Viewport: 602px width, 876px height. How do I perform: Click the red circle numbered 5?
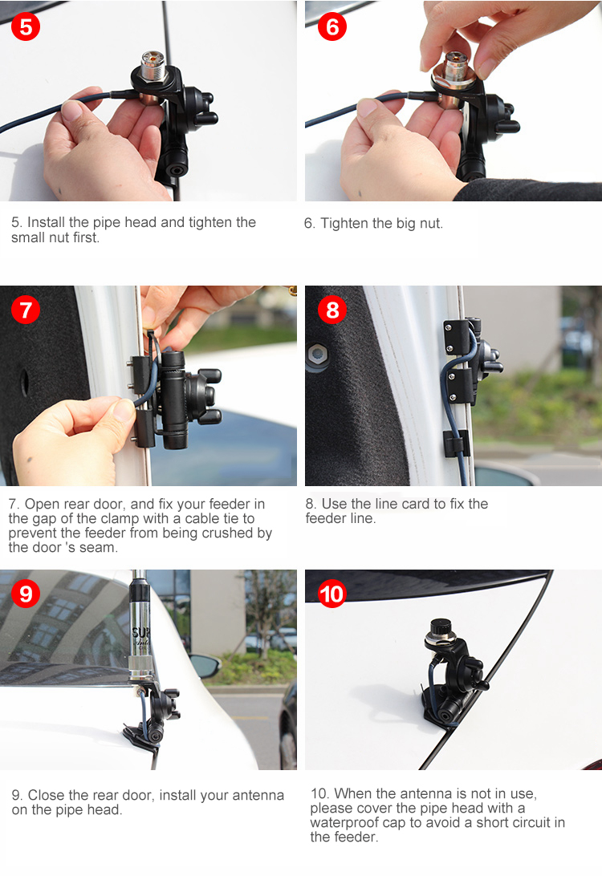coord(26,26)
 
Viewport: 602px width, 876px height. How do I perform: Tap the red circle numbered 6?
coord(332,26)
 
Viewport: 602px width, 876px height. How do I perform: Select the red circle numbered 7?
coord(26,310)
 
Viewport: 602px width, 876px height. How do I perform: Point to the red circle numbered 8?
coord(332,310)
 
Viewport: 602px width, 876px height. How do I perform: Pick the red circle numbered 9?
coord(26,594)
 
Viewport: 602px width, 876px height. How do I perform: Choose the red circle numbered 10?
coord(332,594)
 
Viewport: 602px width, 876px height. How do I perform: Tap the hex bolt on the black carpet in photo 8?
coord(317,354)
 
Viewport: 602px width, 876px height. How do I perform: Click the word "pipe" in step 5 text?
coord(107,223)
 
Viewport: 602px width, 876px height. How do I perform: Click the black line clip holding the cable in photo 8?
coord(454,443)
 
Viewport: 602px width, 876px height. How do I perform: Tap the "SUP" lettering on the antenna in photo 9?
coord(138,633)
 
